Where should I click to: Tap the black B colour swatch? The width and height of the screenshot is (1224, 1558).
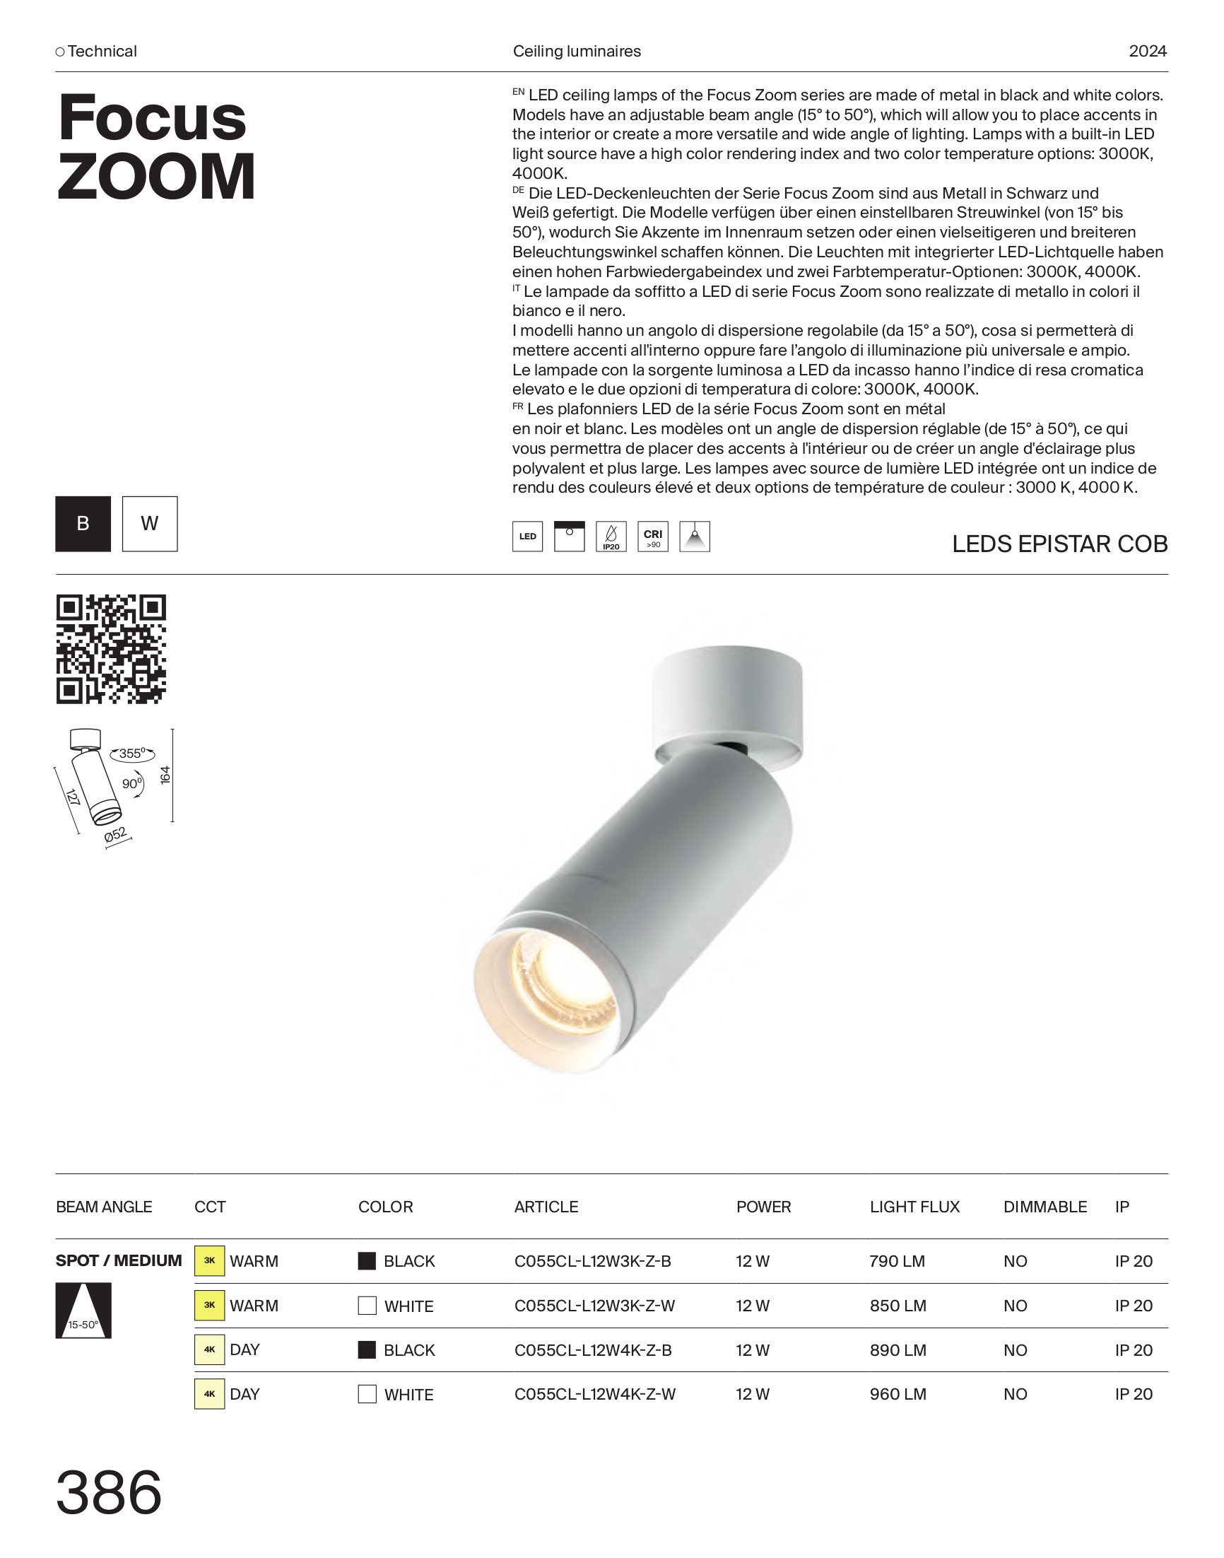point(83,524)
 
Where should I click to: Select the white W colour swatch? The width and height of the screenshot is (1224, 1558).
point(150,524)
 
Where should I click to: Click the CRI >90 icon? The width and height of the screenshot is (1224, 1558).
point(653,536)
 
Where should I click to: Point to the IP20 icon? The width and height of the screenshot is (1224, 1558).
point(611,536)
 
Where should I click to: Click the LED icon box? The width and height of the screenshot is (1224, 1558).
point(527,536)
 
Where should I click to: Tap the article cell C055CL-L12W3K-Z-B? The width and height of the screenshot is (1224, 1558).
point(593,1261)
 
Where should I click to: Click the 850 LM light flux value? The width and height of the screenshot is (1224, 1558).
point(898,1306)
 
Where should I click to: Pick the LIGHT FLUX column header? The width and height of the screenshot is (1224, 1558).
point(914,1207)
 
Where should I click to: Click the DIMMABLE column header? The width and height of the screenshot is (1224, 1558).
point(1044,1207)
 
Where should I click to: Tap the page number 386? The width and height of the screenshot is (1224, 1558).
point(109,1493)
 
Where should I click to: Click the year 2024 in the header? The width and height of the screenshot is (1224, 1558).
point(1147,52)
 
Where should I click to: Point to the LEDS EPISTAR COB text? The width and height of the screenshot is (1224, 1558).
point(1059,544)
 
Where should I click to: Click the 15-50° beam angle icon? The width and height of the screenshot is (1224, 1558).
point(83,1311)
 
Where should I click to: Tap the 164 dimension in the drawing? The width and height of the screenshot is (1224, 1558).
point(165,775)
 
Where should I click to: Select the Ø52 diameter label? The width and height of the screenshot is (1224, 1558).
point(116,835)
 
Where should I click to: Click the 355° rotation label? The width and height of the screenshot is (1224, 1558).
point(133,754)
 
